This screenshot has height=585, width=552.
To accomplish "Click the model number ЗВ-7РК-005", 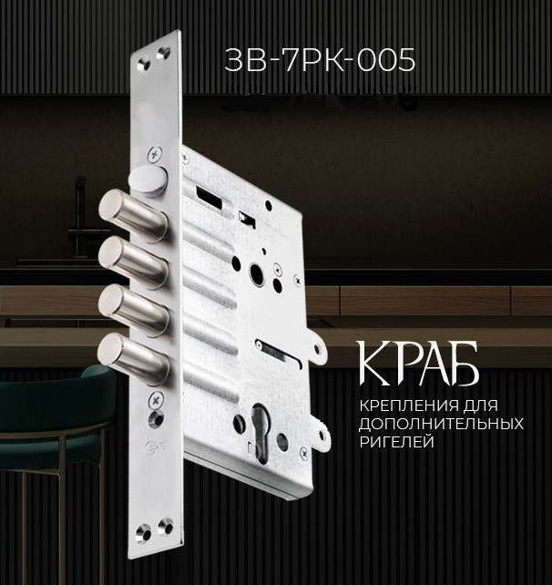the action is click(x=320, y=60).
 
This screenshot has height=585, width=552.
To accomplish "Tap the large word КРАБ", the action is click(x=418, y=364).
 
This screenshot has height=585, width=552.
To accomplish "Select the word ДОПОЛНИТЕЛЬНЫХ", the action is click(x=441, y=424).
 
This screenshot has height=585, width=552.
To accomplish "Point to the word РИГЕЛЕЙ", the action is click(x=397, y=442).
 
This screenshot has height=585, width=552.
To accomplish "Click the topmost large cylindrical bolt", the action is click(x=132, y=210).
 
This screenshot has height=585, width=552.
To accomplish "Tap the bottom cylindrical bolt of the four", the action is click(x=133, y=354).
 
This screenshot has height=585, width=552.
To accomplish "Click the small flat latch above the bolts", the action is click(x=148, y=180).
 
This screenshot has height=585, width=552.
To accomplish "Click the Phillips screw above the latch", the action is click(x=155, y=154).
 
